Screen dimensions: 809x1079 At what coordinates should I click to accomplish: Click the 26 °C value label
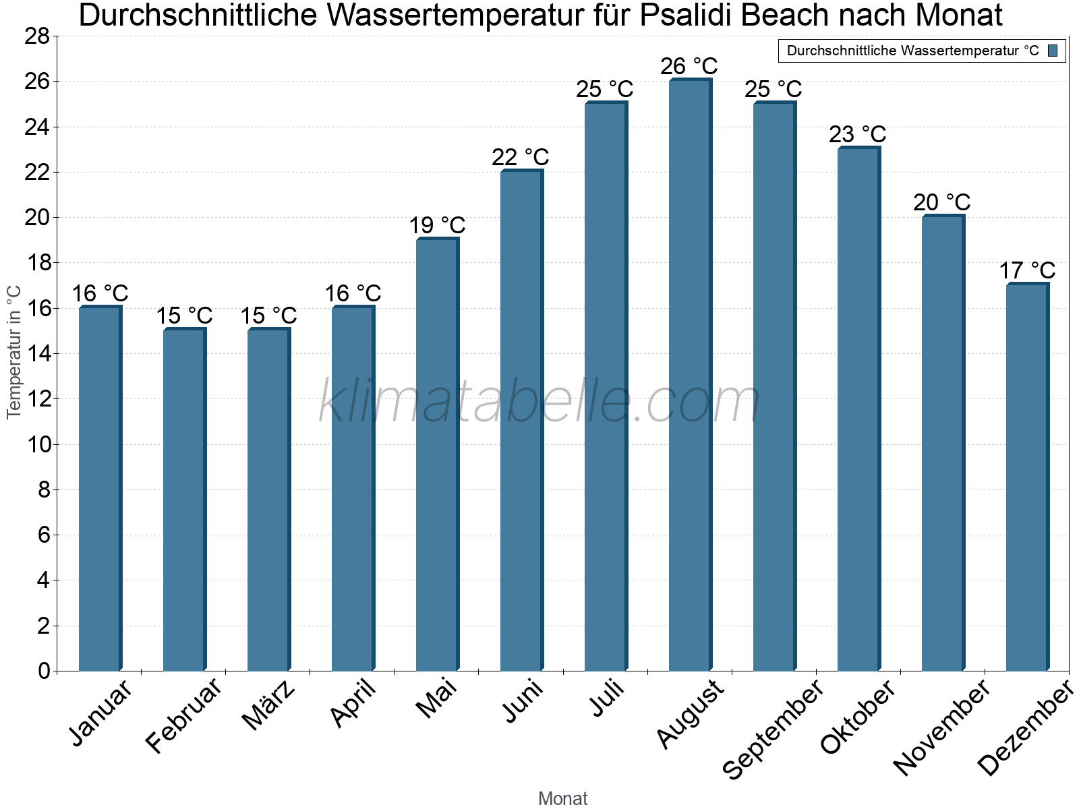(x=689, y=67)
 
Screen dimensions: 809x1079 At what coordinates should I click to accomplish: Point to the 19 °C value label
(x=437, y=225)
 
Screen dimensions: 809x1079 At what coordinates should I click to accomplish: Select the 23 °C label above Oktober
(x=858, y=135)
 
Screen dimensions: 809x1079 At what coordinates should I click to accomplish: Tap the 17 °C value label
(x=1027, y=270)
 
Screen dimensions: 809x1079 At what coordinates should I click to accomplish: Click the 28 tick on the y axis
(x=37, y=36)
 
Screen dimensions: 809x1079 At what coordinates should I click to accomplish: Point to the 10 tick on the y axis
(x=37, y=444)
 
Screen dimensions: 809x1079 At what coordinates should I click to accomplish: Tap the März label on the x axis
(x=269, y=706)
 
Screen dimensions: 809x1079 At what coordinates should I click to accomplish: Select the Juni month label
(x=523, y=702)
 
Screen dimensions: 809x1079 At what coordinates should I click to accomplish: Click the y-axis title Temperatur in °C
(x=14, y=352)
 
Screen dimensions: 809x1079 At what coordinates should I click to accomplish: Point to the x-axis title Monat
(x=563, y=799)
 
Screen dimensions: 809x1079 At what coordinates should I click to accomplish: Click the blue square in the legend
(x=1053, y=51)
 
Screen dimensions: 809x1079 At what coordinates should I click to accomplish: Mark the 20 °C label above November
(x=942, y=202)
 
